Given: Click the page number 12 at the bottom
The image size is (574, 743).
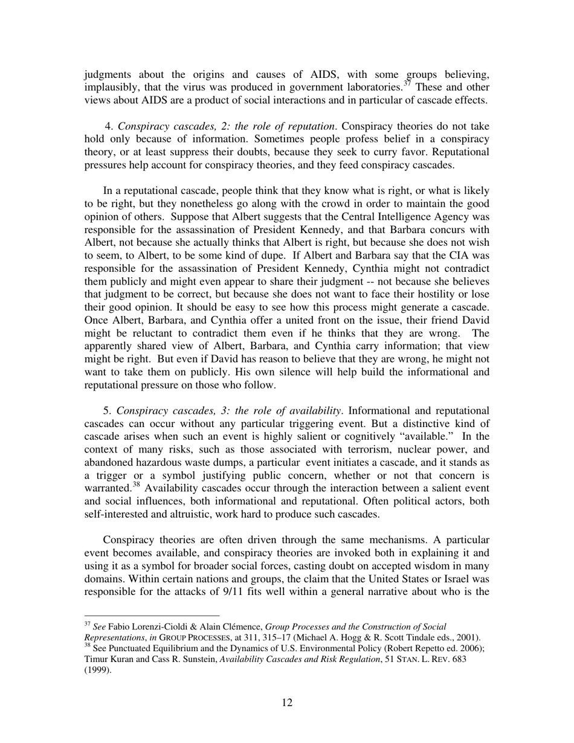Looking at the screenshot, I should [287, 703].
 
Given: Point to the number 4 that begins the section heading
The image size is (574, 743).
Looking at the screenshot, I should [108, 126].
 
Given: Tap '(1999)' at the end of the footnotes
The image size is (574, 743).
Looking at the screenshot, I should [97, 670].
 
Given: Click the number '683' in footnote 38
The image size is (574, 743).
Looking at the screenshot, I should [457, 659].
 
